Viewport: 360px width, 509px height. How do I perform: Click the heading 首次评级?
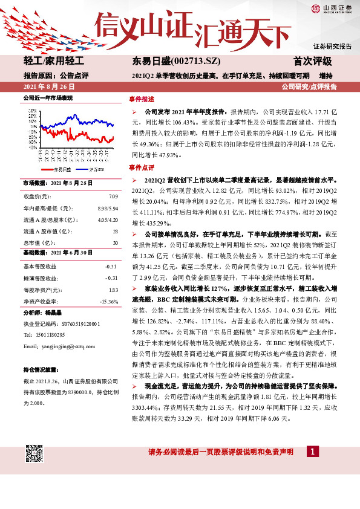coord(313,62)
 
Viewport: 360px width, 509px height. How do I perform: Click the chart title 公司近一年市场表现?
coord(48,97)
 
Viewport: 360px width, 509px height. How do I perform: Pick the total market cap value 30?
coord(115,243)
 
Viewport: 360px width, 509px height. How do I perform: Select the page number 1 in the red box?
coord(312,452)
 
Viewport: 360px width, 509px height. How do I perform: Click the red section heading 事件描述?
coord(142,99)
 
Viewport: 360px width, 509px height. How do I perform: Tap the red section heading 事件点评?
coord(142,167)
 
